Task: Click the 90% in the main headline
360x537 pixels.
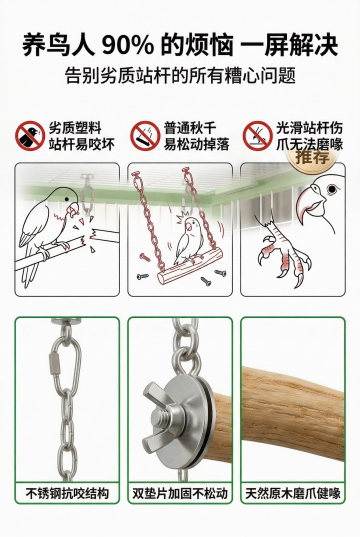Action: (127, 45)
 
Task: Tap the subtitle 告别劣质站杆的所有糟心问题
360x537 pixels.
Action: (180, 75)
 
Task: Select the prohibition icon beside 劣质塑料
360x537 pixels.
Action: (30, 136)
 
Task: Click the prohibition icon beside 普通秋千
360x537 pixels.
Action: (145, 136)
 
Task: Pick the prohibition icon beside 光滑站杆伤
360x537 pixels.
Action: (258, 136)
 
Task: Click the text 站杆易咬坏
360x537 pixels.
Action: (82, 145)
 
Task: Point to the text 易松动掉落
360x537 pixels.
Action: (196, 145)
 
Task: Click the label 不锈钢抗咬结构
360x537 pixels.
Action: (67, 494)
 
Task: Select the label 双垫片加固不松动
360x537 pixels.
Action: (180, 494)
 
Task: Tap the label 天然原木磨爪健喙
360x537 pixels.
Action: (293, 494)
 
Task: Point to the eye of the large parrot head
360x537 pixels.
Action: (332, 189)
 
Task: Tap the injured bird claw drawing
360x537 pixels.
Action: (282, 250)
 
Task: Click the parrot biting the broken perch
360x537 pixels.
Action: (51, 233)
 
